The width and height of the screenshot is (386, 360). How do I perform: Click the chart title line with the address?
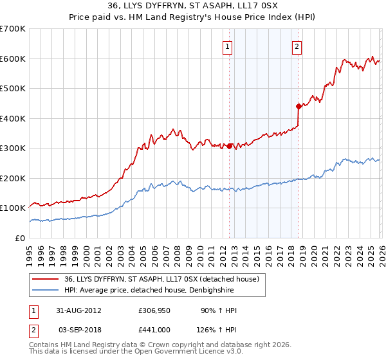click(192, 6)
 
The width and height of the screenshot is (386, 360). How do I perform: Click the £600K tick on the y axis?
click(13, 59)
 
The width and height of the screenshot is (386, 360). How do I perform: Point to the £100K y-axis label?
click(13, 208)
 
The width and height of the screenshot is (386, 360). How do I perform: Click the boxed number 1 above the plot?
click(228, 46)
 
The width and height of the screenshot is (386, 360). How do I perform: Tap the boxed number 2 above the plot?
click(297, 46)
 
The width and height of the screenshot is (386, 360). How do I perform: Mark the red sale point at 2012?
click(230, 146)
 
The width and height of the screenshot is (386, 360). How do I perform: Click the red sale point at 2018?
click(299, 106)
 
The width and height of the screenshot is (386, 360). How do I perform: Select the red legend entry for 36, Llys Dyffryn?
click(161, 279)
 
